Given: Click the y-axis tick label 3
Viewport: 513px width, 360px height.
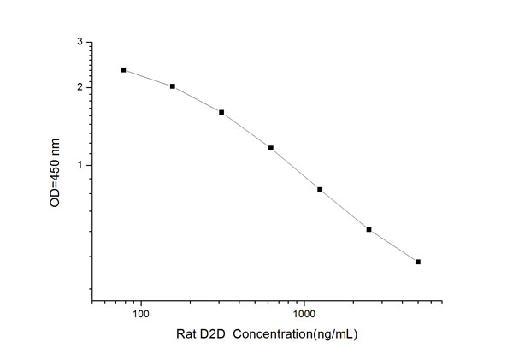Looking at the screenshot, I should point(80,42).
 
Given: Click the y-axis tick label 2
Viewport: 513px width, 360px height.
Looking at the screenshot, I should point(80,87).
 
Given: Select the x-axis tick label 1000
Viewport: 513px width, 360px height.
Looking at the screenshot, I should point(304,315).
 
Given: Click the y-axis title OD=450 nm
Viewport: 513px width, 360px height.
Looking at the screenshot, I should point(56,171).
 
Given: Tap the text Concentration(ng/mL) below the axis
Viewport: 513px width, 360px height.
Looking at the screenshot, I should point(297,334).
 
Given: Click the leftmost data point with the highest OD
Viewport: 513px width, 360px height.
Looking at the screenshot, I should point(123,70).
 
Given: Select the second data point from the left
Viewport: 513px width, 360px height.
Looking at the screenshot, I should point(173,86).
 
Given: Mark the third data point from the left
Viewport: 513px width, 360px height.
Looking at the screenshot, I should point(221,112).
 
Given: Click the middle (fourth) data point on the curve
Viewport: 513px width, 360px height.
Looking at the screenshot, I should point(271,148).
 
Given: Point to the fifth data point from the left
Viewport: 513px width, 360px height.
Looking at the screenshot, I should point(320,189).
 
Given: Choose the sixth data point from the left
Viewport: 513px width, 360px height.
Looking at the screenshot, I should point(369,229).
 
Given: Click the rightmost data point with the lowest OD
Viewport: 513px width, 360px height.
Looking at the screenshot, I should point(418,262).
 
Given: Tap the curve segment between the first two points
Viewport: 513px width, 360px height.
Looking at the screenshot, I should point(148,78).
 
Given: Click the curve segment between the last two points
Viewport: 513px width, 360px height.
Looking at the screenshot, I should point(393,246).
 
